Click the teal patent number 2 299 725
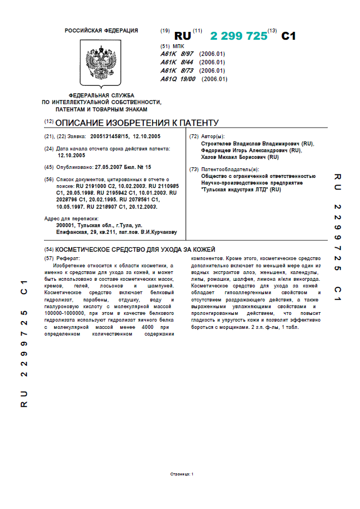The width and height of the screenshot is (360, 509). point(239,36)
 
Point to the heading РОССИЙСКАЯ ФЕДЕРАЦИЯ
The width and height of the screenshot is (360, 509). point(101,31)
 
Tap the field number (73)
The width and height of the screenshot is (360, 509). point(194,169)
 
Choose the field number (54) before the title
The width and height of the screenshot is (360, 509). point(49,249)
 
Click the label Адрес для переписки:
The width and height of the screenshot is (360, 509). point(71,218)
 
